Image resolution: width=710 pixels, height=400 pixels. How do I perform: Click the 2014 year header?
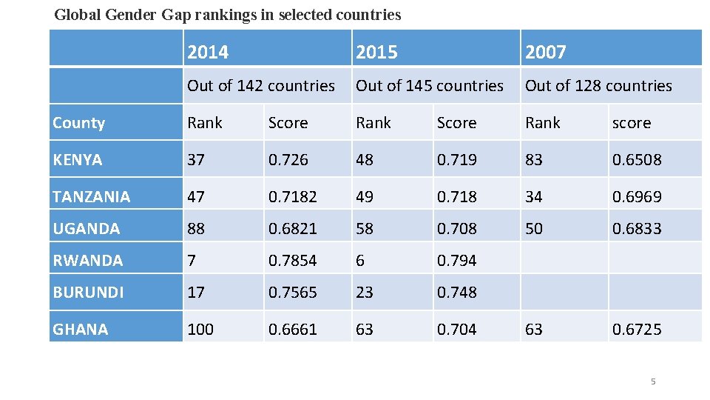tap(208, 52)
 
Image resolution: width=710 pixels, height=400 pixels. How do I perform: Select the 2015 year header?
tap(376, 52)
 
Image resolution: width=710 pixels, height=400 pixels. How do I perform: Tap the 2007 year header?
tap(545, 52)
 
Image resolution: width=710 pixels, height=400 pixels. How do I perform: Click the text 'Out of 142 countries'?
tap(260, 86)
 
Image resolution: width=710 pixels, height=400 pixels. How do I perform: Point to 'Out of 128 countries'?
tap(598, 86)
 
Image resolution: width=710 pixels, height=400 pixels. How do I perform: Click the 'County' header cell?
tap(79, 123)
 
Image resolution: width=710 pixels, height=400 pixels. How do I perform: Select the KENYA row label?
tap(78, 160)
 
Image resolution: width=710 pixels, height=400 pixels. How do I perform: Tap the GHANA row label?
tap(80, 329)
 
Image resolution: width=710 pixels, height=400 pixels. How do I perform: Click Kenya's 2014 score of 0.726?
tap(289, 160)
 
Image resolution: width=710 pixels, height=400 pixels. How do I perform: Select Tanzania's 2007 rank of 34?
tap(533, 197)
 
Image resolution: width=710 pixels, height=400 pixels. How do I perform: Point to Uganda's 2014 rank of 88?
tap(196, 229)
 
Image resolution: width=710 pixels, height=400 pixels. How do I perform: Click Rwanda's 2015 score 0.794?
tap(456, 261)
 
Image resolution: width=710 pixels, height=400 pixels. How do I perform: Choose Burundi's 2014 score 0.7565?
tap(292, 293)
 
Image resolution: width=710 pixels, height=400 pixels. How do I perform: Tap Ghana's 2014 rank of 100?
tap(200, 329)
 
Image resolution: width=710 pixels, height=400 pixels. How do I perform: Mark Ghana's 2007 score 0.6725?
tap(636, 329)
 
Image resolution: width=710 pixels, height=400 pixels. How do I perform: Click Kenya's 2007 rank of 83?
tap(533, 160)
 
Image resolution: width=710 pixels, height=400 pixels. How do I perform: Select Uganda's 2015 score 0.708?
tap(456, 229)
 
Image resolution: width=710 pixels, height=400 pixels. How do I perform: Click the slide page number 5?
tap(653, 382)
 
